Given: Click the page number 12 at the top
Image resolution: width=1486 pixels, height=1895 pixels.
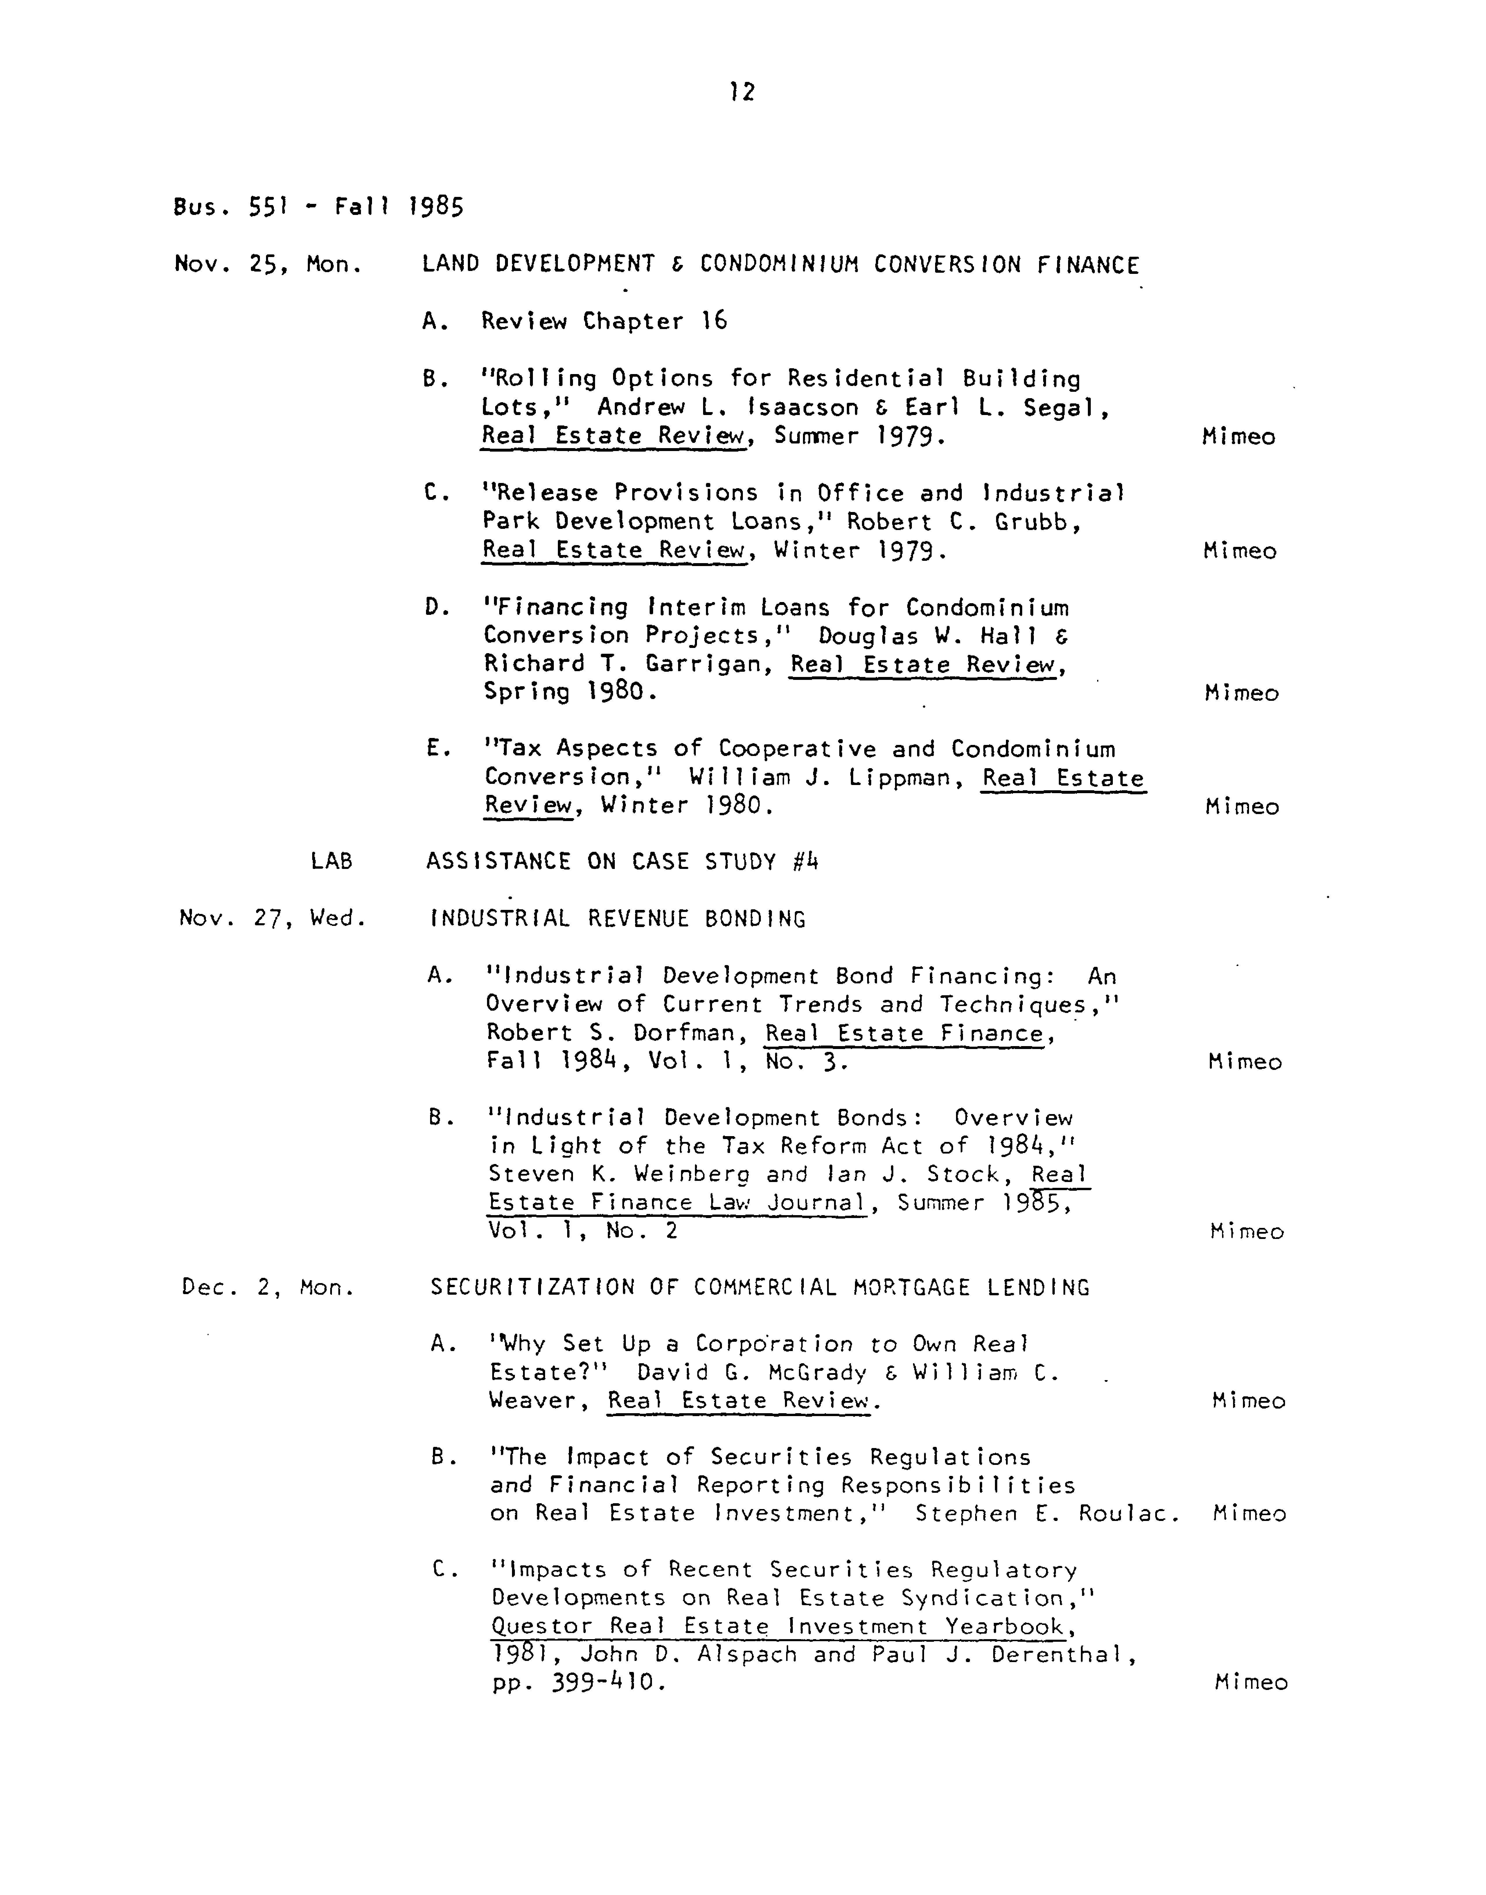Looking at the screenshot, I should (x=742, y=91).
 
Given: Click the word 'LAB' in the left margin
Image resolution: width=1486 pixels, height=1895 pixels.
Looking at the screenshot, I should (x=331, y=861).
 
